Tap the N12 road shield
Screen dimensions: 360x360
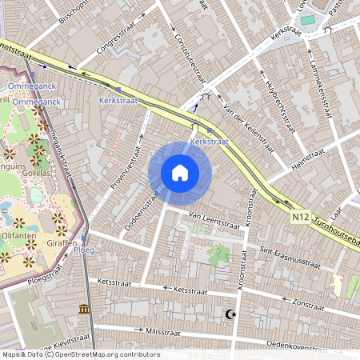pyautogui.click(x=301, y=216)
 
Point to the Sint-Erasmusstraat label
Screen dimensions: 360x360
pyautogui.click(x=289, y=258)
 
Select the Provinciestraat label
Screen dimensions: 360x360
pyautogui.click(x=120, y=169)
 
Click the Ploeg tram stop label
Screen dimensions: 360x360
pyautogui.click(x=84, y=250)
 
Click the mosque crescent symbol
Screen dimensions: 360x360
pyautogui.click(x=232, y=314)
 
